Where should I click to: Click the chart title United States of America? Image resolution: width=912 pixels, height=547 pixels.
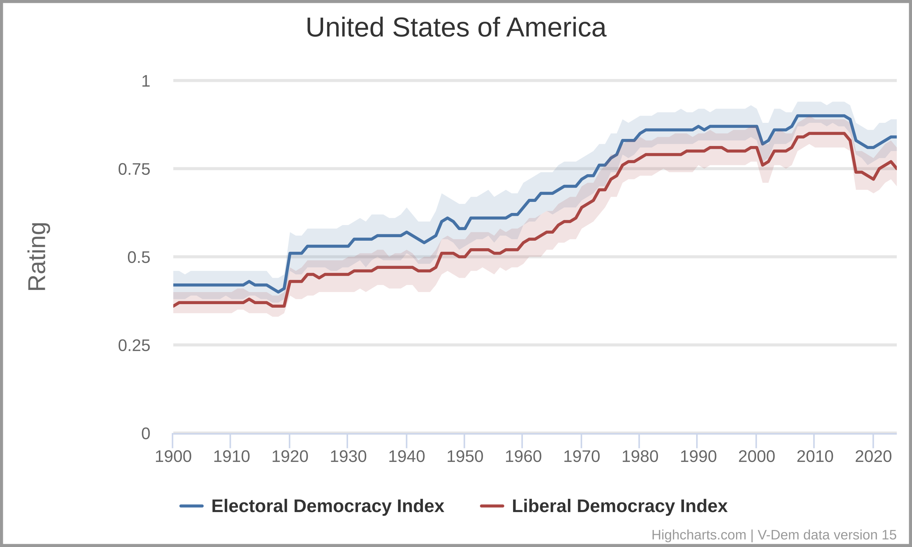tap(456, 28)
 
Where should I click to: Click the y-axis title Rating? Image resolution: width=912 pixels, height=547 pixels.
tap(37, 257)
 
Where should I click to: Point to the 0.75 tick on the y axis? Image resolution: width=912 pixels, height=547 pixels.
tap(134, 170)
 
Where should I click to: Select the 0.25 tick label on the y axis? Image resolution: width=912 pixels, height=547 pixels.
tap(134, 346)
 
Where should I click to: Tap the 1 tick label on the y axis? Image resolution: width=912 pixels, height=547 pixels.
tap(146, 81)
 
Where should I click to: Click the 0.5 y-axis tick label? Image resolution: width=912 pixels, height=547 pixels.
tap(139, 257)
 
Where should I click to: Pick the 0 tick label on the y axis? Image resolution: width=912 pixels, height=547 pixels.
tap(146, 434)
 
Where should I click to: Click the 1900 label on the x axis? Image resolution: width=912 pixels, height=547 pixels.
tap(173, 457)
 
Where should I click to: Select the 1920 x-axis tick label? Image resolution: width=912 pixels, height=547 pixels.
tap(290, 457)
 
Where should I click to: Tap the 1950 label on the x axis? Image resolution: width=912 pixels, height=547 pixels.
tap(465, 457)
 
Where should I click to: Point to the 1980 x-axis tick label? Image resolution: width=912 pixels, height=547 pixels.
tap(640, 457)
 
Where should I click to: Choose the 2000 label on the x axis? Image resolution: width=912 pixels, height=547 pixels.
tap(756, 457)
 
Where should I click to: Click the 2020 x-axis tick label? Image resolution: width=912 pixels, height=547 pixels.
tap(873, 457)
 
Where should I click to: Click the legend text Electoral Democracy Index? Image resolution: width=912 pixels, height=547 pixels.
tap(328, 506)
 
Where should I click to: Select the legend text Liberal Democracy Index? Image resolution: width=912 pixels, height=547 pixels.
tap(620, 506)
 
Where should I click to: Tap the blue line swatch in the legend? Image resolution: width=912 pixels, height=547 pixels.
tap(191, 506)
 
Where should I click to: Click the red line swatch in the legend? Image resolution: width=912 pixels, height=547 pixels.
tap(492, 506)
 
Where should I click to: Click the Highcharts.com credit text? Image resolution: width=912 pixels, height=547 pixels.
tap(699, 535)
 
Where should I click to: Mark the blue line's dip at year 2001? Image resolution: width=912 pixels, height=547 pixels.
tap(763, 144)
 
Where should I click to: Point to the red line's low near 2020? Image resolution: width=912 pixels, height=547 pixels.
tap(873, 179)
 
